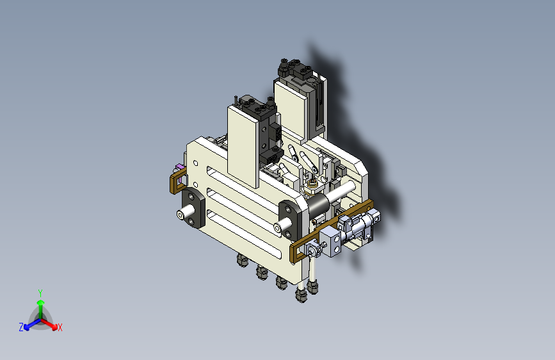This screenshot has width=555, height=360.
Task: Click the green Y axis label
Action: (x=40, y=293)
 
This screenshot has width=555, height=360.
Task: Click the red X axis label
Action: (x=60, y=328)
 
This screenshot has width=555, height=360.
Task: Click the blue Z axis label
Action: (x=21, y=327)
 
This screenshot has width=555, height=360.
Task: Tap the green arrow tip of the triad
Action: (x=41, y=302)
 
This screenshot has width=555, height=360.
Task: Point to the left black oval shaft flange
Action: (x=193, y=208)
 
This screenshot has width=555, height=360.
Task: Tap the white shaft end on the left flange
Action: (x=181, y=215)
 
